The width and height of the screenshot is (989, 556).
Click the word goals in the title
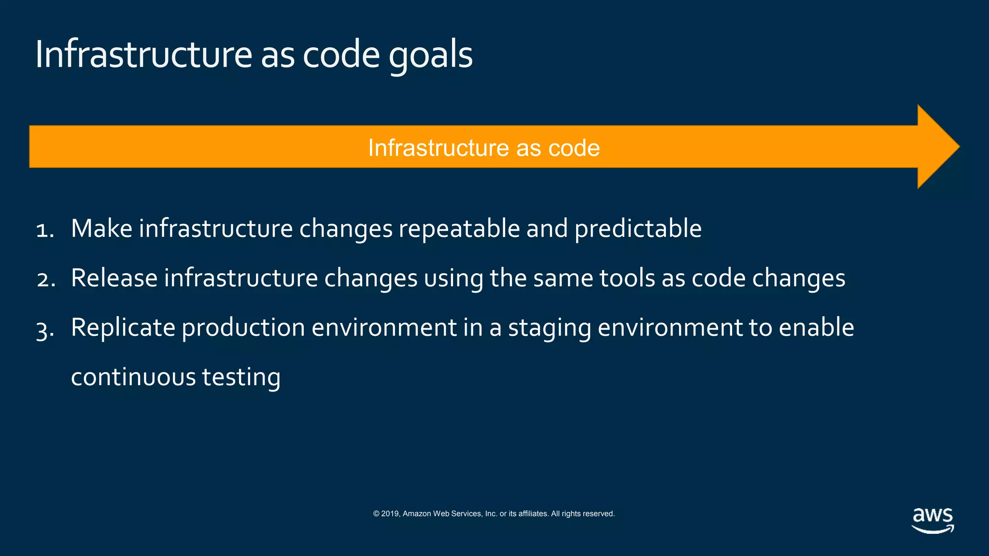(x=430, y=56)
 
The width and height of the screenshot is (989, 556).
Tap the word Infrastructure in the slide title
(x=143, y=54)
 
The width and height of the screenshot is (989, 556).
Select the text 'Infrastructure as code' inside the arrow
(x=484, y=148)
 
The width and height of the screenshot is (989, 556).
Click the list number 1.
(x=44, y=230)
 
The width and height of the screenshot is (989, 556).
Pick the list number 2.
(x=45, y=279)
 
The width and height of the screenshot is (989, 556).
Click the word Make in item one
(x=101, y=228)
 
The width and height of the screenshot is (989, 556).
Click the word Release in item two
(x=114, y=278)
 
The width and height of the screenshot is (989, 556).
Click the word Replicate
(x=123, y=328)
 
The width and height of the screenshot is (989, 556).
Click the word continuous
(x=133, y=377)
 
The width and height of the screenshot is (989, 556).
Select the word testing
(x=240, y=377)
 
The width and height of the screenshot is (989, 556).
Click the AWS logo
(x=932, y=520)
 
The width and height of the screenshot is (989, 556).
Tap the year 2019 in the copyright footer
(x=390, y=514)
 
